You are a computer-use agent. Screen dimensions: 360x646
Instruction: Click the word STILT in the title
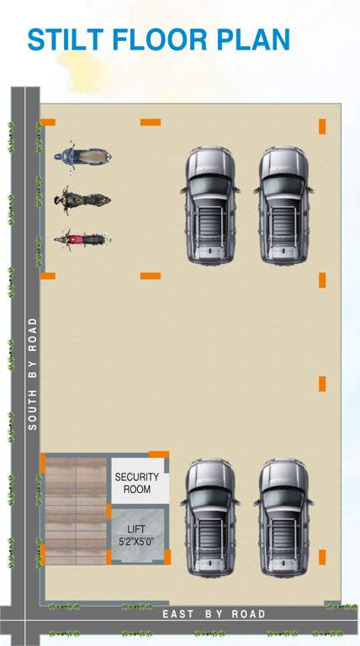pyautogui.click(x=66, y=40)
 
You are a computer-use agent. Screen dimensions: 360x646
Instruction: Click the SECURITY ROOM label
pyautogui.click(x=137, y=483)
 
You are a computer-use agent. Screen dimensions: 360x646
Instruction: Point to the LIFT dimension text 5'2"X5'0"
pyautogui.click(x=136, y=542)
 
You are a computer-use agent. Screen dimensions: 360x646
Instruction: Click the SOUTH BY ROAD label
pyautogui.click(x=33, y=373)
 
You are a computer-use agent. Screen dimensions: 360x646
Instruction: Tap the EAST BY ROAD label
pyautogui.click(x=214, y=614)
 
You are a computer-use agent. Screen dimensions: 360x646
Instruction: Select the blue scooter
pyautogui.click(x=82, y=156)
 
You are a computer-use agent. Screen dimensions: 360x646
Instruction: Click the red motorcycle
pyautogui.click(x=82, y=239)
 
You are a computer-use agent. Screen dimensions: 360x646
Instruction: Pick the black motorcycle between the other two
pyautogui.click(x=82, y=200)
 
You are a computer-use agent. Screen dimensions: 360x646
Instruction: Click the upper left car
pyautogui.click(x=210, y=205)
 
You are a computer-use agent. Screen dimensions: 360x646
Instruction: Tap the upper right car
pyautogui.click(x=284, y=205)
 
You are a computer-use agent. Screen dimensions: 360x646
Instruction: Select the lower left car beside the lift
pyautogui.click(x=210, y=517)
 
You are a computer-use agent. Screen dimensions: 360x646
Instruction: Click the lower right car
pyautogui.click(x=284, y=517)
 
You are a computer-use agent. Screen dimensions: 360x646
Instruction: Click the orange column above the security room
pyautogui.click(x=159, y=454)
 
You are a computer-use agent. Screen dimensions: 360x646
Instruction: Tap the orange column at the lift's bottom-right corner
pyautogui.click(x=167, y=557)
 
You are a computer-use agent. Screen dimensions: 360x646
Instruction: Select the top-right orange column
pyautogui.click(x=322, y=126)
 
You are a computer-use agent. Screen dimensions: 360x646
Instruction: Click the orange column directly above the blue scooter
pyautogui.click(x=48, y=122)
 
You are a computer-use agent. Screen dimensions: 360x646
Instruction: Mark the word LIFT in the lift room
pyautogui.click(x=136, y=529)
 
